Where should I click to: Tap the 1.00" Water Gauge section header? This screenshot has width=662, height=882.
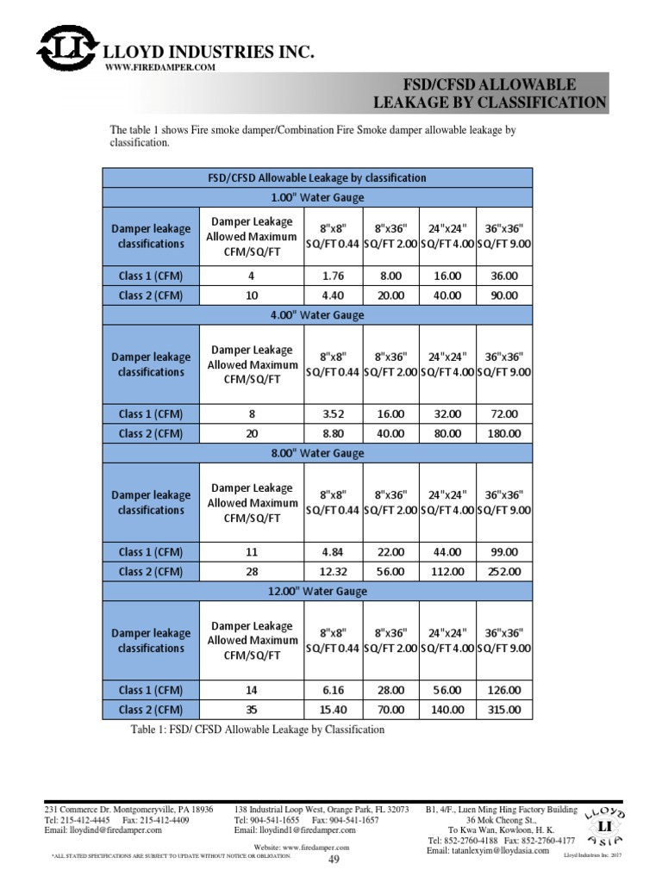click(318, 197)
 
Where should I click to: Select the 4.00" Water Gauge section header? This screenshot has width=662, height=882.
click(318, 315)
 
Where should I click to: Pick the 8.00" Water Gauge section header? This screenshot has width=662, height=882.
click(318, 453)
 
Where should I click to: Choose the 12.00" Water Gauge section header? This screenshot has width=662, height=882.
click(318, 591)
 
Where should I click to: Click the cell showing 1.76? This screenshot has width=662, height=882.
click(334, 276)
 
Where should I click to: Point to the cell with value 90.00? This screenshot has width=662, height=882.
click(504, 295)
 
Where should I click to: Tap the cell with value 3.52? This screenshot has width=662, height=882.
click(334, 413)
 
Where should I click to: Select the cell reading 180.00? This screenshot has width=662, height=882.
click(504, 433)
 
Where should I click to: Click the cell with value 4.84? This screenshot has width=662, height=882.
click(334, 551)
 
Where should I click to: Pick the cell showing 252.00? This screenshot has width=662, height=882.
click(504, 571)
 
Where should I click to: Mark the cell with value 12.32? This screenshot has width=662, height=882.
click(334, 571)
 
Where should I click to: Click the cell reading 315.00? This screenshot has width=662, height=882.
click(504, 710)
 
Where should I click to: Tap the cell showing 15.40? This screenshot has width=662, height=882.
click(334, 710)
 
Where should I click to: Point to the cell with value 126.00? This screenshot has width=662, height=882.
click(504, 690)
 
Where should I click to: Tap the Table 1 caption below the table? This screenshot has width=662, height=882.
click(255, 730)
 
